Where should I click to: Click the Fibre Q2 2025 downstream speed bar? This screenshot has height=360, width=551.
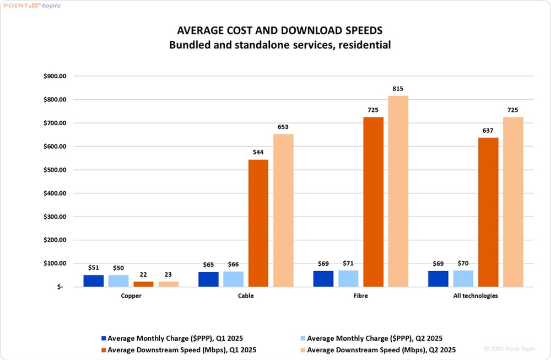point(398,191)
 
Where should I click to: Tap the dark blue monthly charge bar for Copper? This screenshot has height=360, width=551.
point(94,281)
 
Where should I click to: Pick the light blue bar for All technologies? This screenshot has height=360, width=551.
point(463,278)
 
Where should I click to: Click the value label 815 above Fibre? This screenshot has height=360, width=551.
point(398,89)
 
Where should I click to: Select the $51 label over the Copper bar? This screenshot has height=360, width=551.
point(94,268)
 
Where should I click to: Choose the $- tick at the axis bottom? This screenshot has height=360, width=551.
point(60,287)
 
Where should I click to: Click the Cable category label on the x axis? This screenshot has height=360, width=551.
point(246,296)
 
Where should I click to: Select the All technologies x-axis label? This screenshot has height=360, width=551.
point(476,296)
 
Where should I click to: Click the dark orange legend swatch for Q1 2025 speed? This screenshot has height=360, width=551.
point(103,350)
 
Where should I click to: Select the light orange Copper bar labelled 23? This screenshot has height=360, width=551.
point(169,284)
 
